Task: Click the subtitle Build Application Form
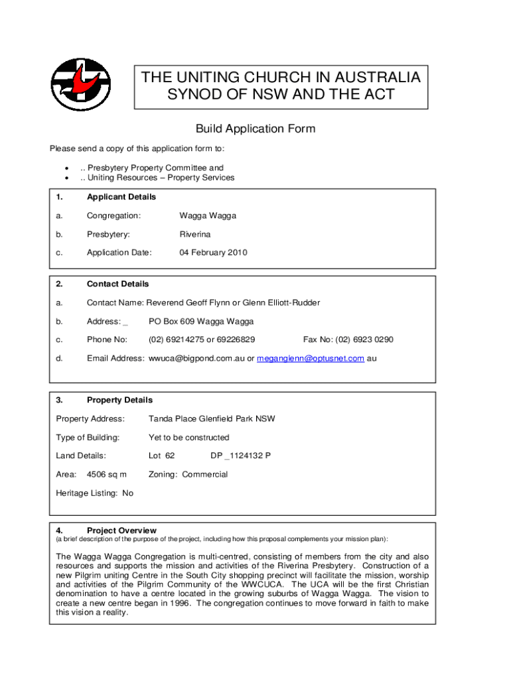pyautogui.click(x=255, y=129)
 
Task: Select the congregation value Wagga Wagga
pyautogui.click(x=208, y=216)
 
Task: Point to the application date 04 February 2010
pyautogui.click(x=213, y=253)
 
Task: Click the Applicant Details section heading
pyautogui.click(x=121, y=197)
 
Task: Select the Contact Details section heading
pyautogui.click(x=118, y=284)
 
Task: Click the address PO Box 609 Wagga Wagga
pyautogui.click(x=201, y=322)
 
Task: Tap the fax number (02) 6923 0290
pyautogui.click(x=364, y=339)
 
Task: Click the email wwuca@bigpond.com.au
pyautogui.click(x=196, y=359)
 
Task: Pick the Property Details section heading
pyautogui.click(x=119, y=401)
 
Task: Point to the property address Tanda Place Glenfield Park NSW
pyautogui.click(x=212, y=419)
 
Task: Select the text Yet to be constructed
pyautogui.click(x=188, y=438)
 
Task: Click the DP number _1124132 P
pyautogui.click(x=240, y=456)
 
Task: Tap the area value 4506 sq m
pyautogui.click(x=107, y=475)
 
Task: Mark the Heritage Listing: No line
pyautogui.click(x=95, y=493)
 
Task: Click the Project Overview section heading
pyautogui.click(x=121, y=530)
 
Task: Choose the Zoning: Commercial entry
pyautogui.click(x=188, y=475)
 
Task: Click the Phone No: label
pyautogui.click(x=107, y=339)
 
